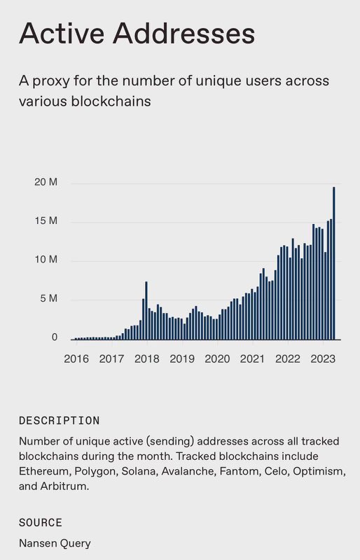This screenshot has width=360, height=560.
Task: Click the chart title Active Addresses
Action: pyautogui.click(x=137, y=33)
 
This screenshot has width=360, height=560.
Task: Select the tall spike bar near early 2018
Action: pyautogui.click(x=146, y=310)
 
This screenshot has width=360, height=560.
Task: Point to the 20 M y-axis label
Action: pyautogui.click(x=46, y=183)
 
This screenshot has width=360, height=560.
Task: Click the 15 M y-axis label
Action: pyautogui.click(x=46, y=221)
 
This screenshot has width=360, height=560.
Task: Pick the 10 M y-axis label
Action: pyautogui.click(x=46, y=260)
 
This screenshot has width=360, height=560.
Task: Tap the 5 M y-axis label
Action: pyautogui.click(x=48, y=299)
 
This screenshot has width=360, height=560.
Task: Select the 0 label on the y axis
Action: pyautogui.click(x=54, y=337)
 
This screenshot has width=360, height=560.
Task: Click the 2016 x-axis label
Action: pyautogui.click(x=76, y=359)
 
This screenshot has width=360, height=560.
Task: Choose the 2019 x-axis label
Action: pyautogui.click(x=181, y=359)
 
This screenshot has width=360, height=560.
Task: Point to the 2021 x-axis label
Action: pyautogui.click(x=252, y=359)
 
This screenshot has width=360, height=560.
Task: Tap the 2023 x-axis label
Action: pyautogui.click(x=323, y=359)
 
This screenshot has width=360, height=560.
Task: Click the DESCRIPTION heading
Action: pyautogui.click(x=59, y=421)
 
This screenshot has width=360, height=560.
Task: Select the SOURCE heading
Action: pyautogui.click(x=41, y=523)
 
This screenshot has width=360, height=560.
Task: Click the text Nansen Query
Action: pyautogui.click(x=55, y=542)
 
